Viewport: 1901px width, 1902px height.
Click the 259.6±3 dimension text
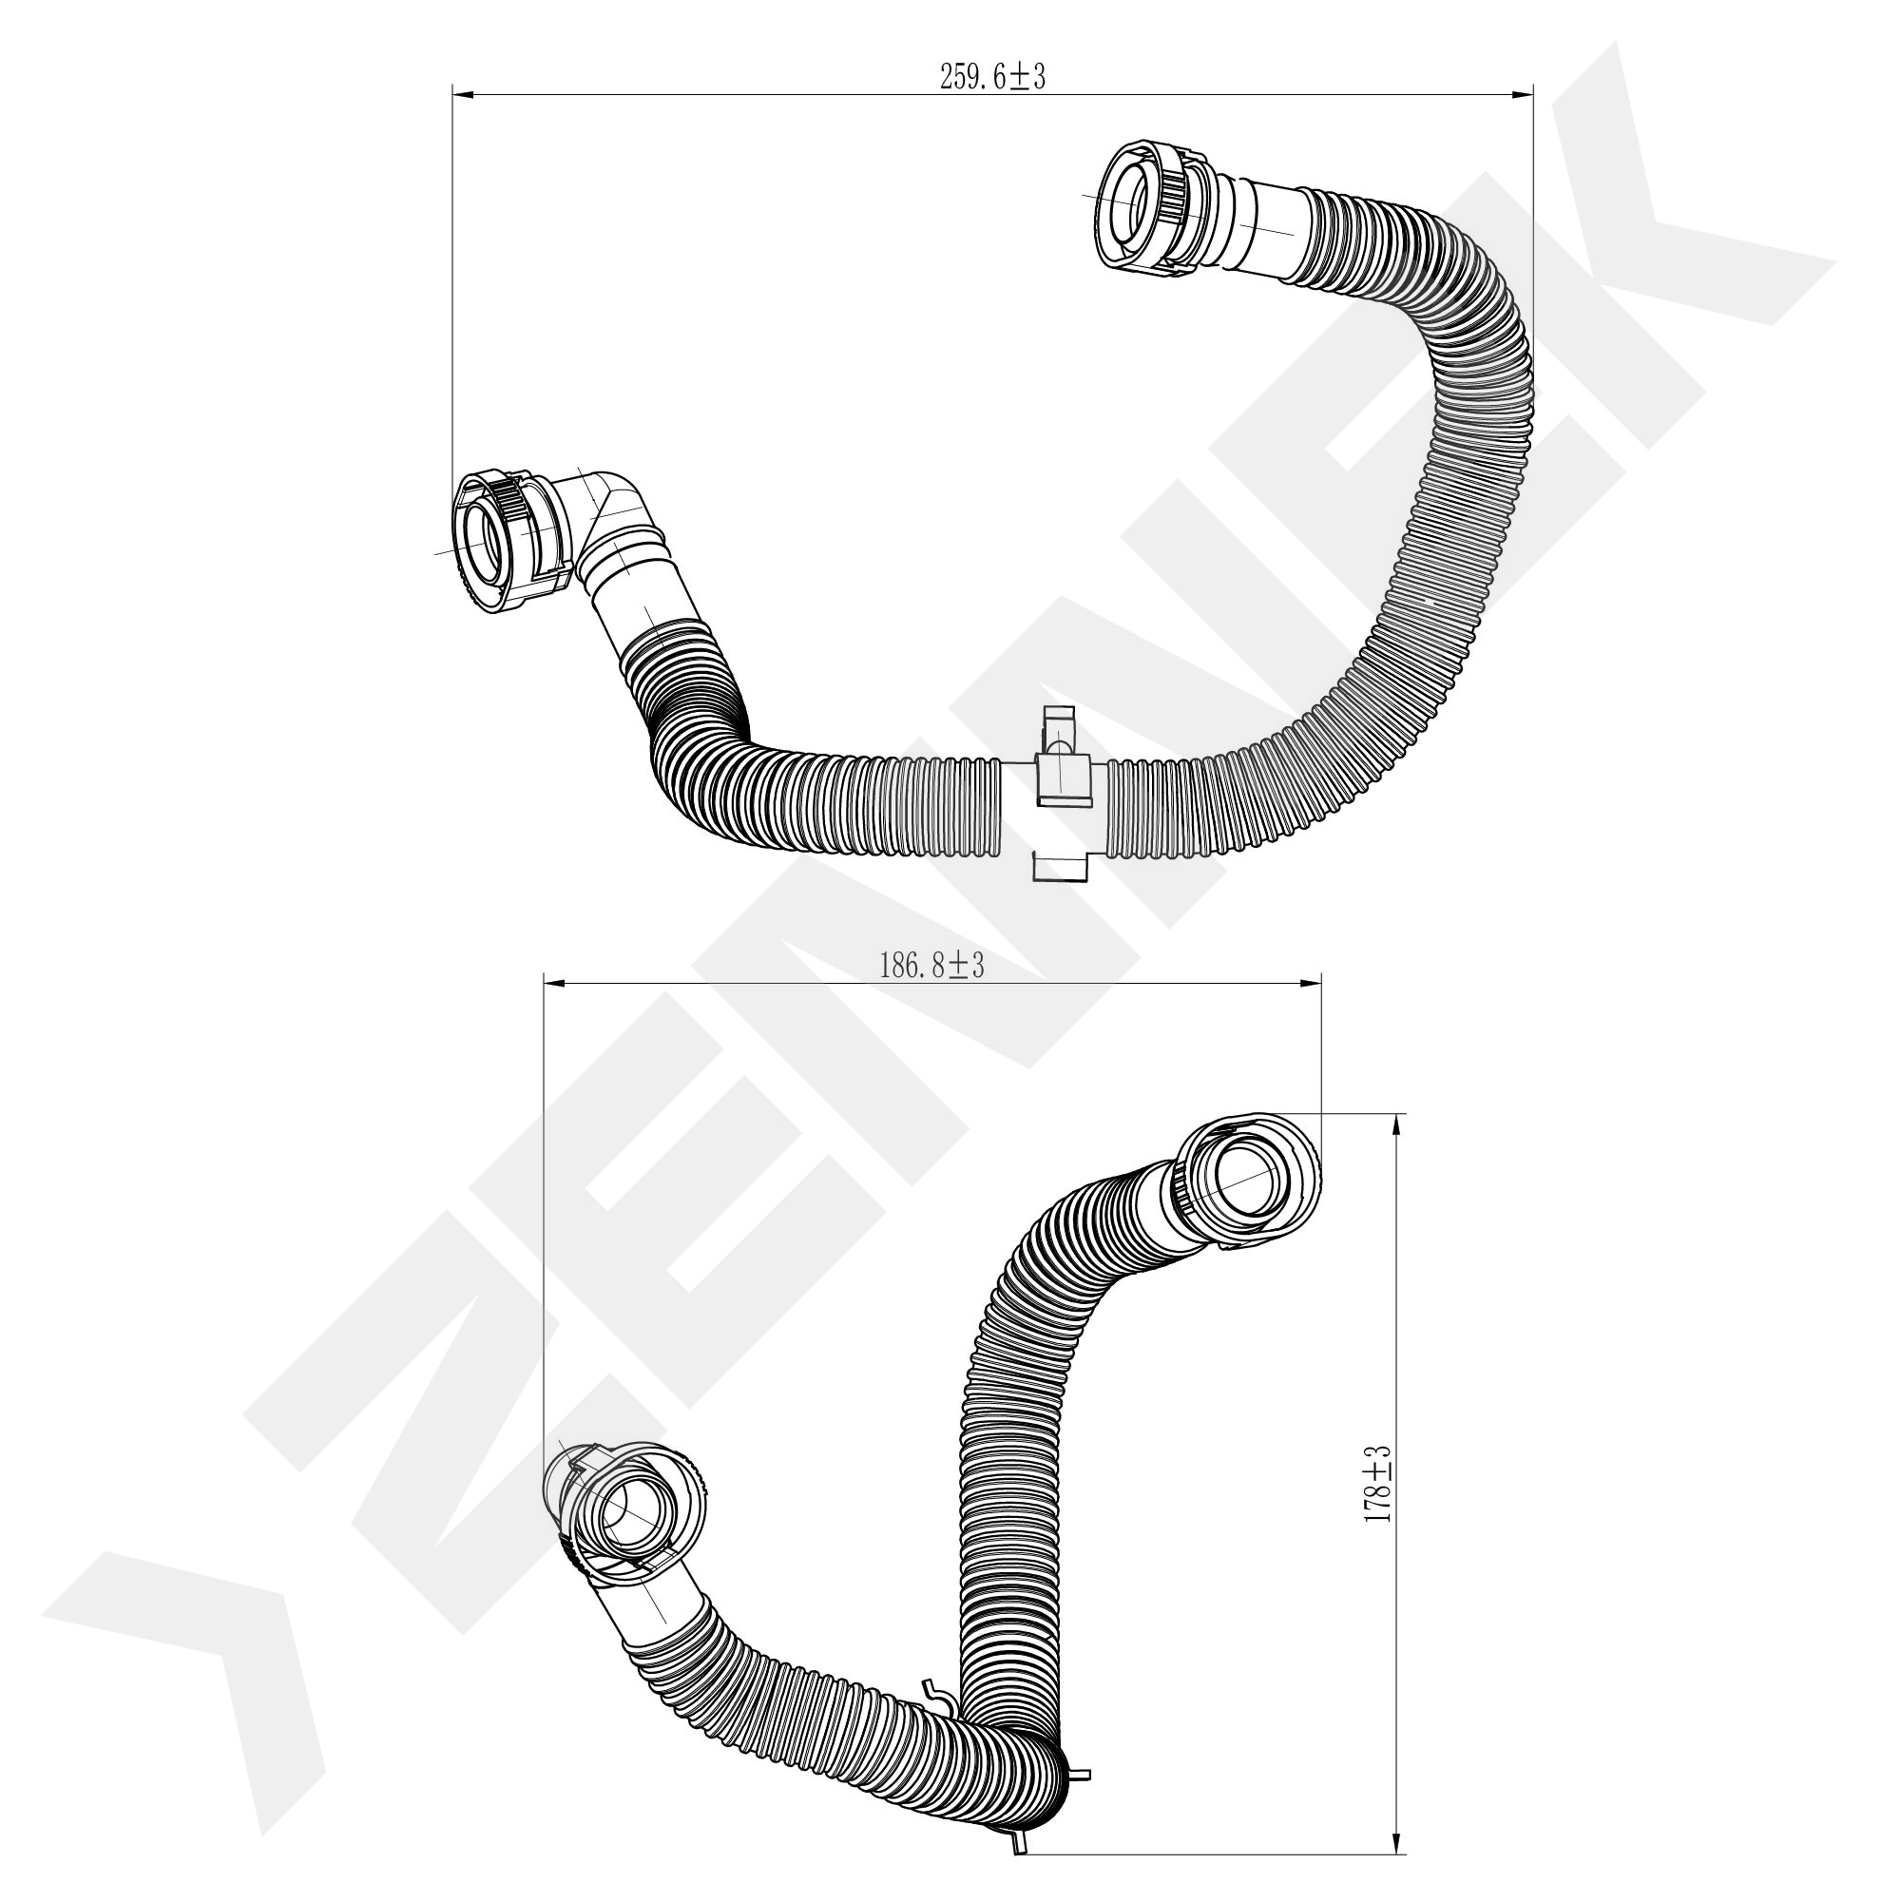pyautogui.click(x=992, y=78)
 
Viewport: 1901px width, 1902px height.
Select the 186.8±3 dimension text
pyautogui.click(x=931, y=966)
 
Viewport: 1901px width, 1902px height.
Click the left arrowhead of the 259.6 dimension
pyautogui.click(x=464, y=94)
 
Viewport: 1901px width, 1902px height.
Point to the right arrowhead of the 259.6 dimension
pyautogui.click(x=1522, y=94)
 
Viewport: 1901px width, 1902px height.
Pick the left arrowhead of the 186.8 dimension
pyautogui.click(x=555, y=983)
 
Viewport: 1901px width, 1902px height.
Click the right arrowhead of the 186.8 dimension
pyautogui.click(x=1310, y=983)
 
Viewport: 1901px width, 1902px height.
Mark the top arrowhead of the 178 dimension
pyautogui.click(x=1397, y=1125)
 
